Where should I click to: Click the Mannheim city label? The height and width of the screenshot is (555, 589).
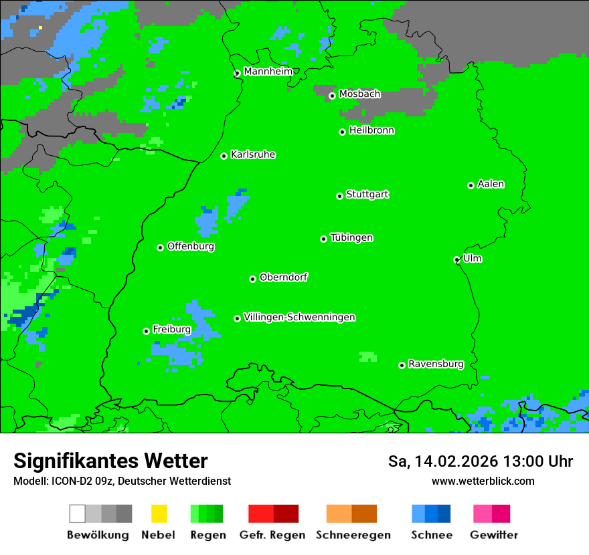268,72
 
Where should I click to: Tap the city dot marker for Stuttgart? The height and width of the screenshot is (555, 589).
339,196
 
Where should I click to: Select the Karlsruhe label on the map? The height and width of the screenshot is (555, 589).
252,155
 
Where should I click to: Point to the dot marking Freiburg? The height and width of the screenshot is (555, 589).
146,331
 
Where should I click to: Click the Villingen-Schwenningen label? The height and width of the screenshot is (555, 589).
299,318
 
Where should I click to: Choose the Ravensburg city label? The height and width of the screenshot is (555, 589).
436,364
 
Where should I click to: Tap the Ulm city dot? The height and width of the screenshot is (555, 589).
456,260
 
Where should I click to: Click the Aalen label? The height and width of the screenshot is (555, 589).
491,184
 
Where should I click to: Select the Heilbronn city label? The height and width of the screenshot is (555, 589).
371,130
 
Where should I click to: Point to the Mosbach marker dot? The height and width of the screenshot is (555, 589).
332,96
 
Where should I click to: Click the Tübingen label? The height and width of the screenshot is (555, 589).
351,238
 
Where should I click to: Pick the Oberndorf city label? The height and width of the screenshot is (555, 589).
283,277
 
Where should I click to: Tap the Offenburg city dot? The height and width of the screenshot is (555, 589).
160,247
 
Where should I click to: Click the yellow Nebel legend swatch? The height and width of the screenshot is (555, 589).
159,514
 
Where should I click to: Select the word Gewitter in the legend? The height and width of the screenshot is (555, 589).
493,535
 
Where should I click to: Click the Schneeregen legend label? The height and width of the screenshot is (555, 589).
353,535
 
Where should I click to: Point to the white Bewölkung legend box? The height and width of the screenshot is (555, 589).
78,514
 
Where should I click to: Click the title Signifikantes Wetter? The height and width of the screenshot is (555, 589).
110,461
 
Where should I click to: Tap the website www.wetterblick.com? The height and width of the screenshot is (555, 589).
483,481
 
